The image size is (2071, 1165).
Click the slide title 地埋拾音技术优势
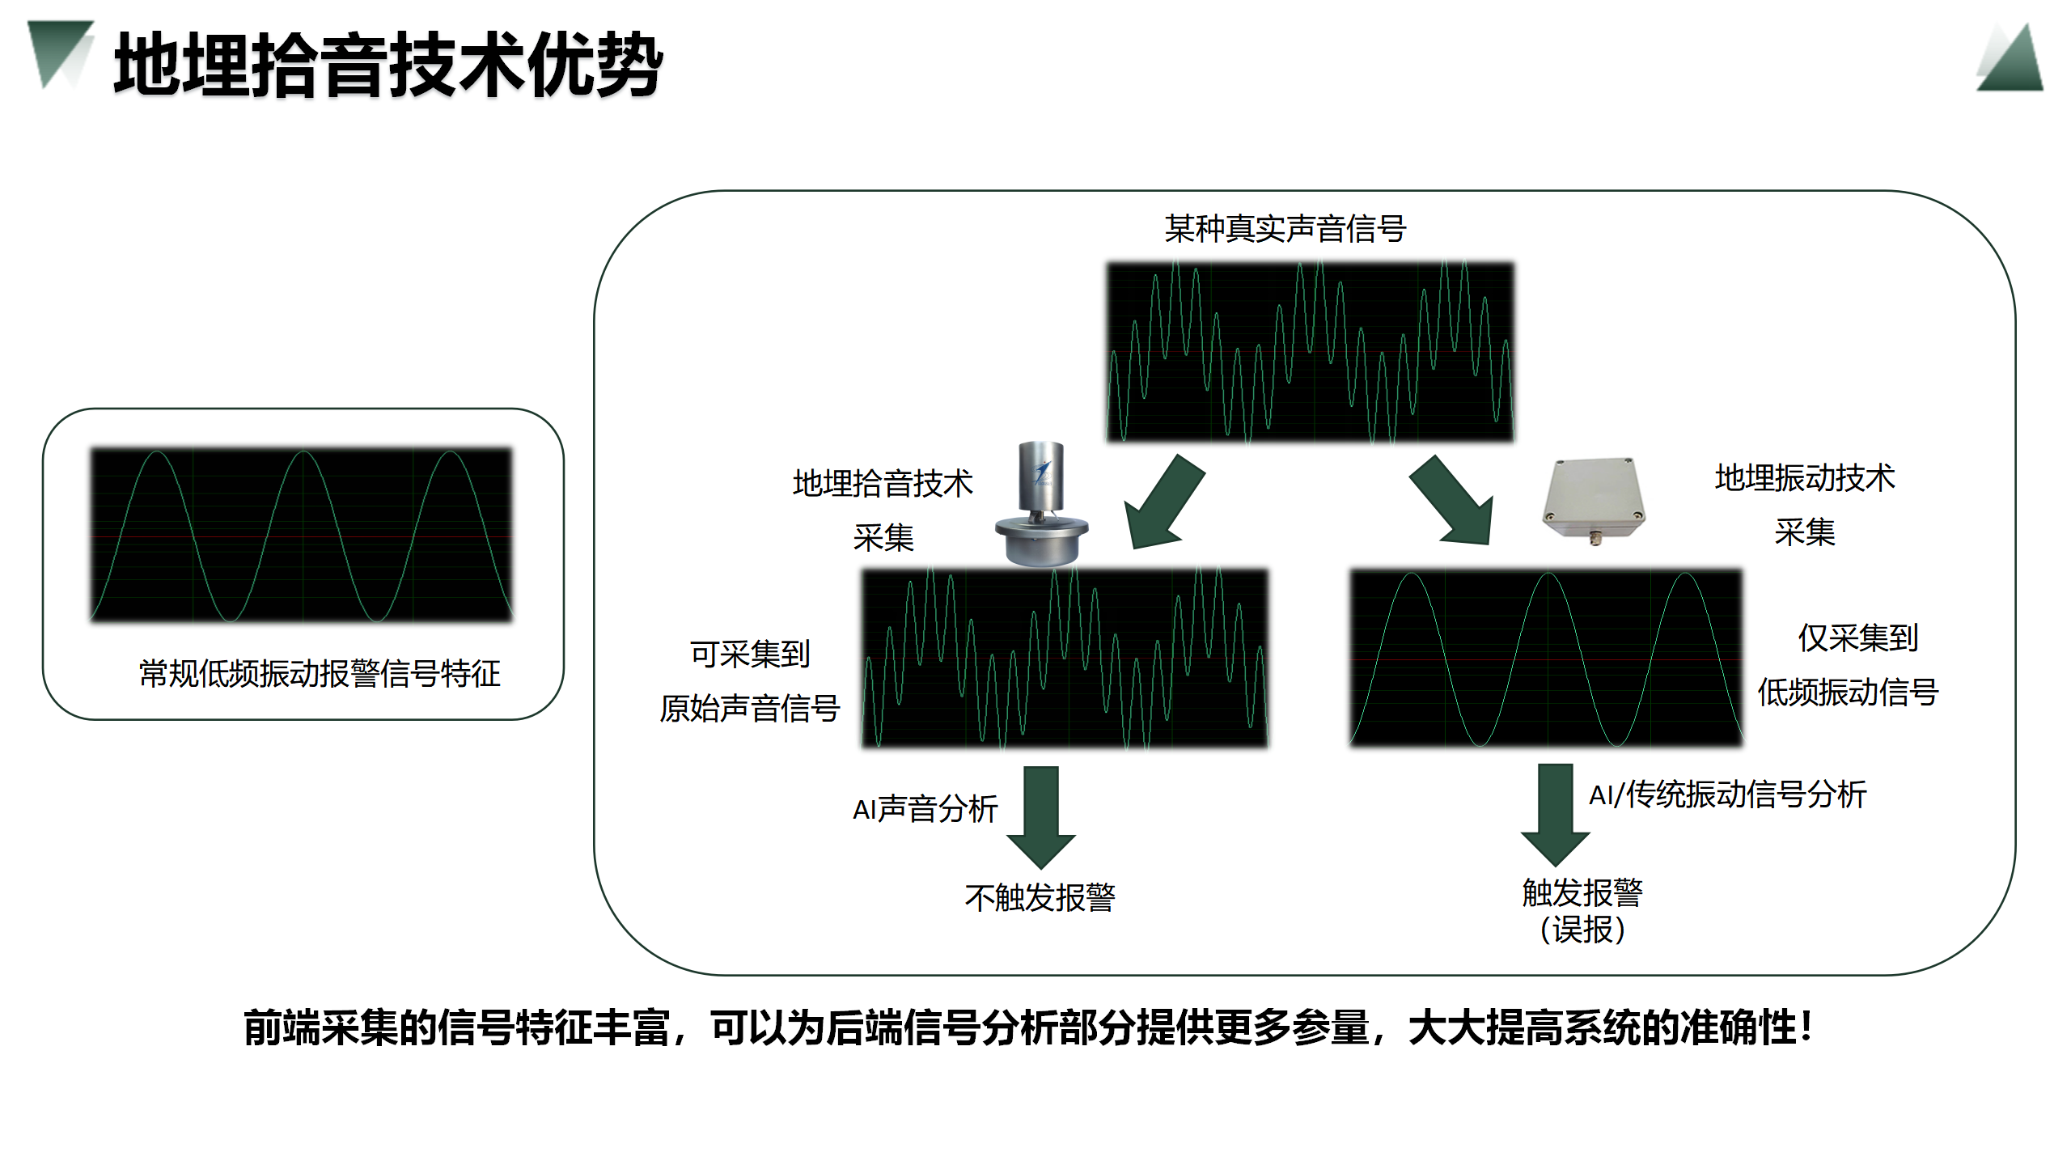click(388, 65)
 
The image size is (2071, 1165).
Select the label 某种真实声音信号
click(1285, 229)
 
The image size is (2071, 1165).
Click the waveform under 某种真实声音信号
click(1310, 352)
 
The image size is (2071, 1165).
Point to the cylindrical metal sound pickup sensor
click(1041, 506)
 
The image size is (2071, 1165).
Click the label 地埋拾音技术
click(883, 483)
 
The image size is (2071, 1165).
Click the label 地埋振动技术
click(1804, 478)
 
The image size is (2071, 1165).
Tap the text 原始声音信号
click(749, 709)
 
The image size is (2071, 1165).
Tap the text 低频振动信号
click(1848, 693)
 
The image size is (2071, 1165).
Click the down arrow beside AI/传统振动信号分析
click(1555, 813)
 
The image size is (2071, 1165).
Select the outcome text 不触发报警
click(1040, 898)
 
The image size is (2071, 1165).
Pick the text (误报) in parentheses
click(1582, 930)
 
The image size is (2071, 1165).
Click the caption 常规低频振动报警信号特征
click(320, 674)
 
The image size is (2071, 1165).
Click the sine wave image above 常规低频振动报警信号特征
click(302, 535)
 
